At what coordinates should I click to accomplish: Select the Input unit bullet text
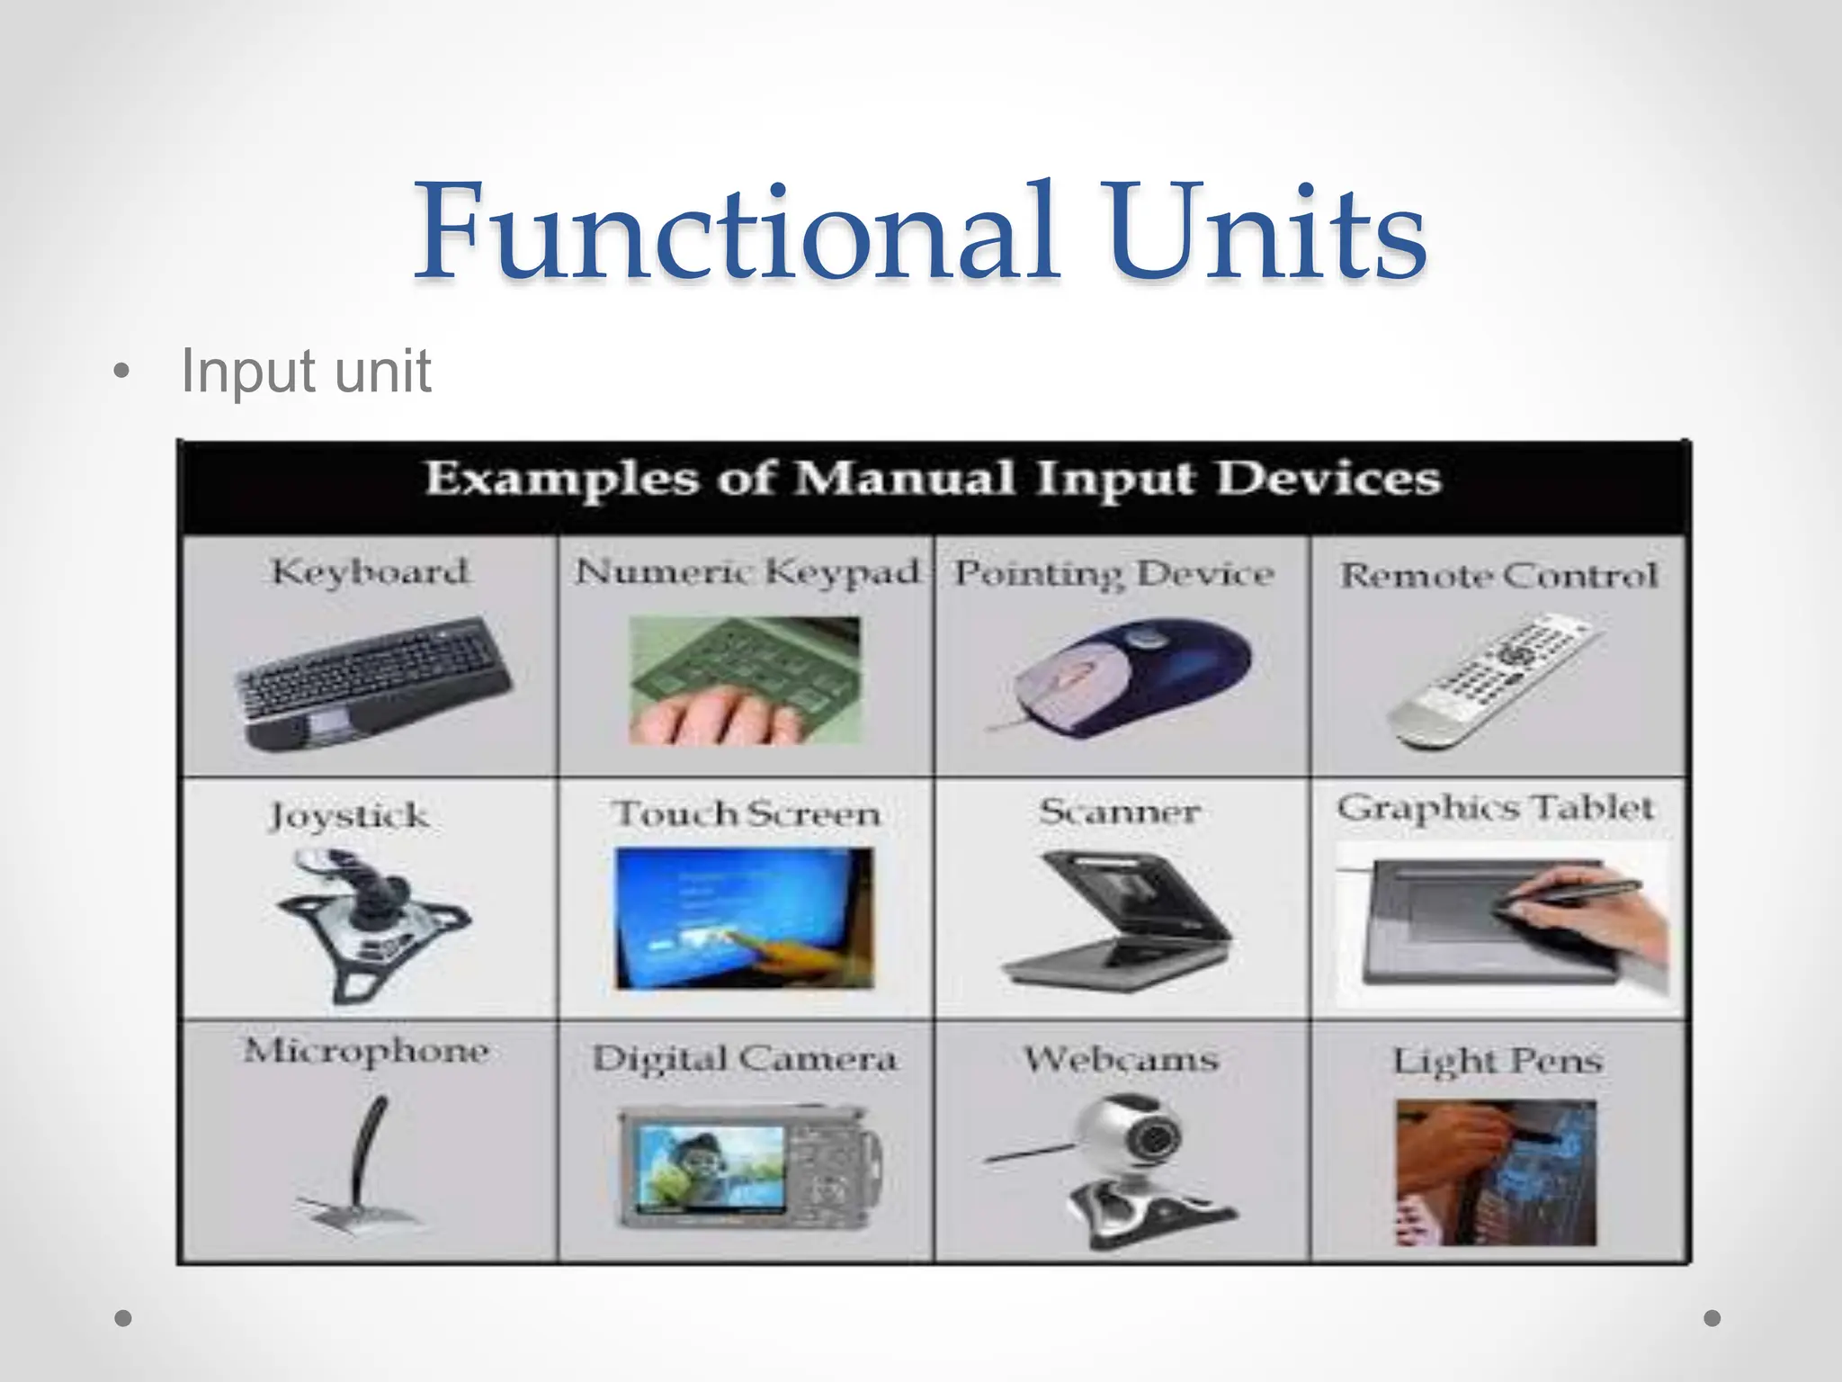coord(306,371)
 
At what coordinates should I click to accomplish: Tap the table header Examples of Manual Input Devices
coord(933,478)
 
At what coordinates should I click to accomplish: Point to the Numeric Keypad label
coord(747,572)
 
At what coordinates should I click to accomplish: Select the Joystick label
coord(349,816)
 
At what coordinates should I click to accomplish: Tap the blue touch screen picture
coord(743,918)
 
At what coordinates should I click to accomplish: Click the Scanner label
coord(1120,812)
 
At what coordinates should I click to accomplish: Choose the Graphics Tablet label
coord(1495,807)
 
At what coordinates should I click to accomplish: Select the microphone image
coord(363,1164)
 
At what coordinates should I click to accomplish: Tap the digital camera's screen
coord(711,1168)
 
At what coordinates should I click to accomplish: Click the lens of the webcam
coord(1150,1139)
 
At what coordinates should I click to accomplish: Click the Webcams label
coord(1121,1059)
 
